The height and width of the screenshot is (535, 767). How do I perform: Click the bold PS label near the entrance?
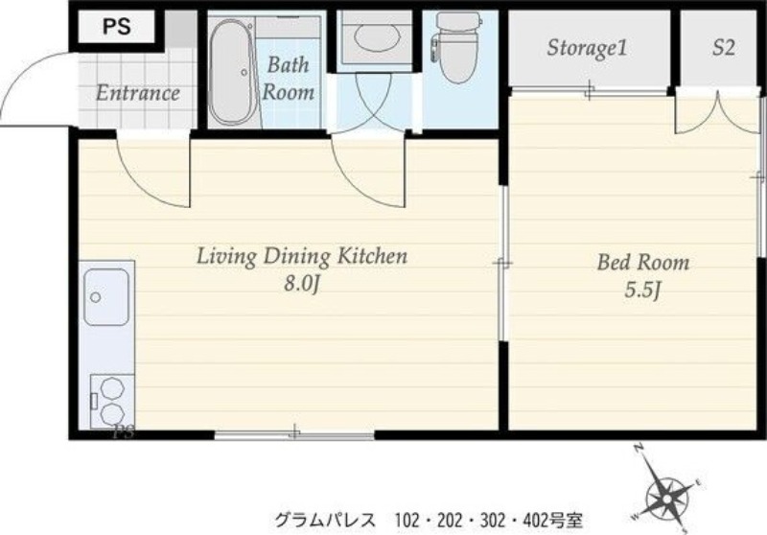coord(117,27)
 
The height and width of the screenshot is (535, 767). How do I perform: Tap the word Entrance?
coord(137,93)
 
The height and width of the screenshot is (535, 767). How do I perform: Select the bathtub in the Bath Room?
coord(232,72)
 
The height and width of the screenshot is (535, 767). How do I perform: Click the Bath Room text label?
coord(289,79)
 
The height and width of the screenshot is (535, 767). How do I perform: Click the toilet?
coord(457,46)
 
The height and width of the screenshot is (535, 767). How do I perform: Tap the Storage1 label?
coord(587,48)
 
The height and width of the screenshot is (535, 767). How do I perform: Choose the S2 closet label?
coord(724,47)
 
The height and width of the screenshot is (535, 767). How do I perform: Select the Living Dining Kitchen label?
coord(302,256)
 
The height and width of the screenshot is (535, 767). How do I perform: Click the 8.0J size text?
coord(301,284)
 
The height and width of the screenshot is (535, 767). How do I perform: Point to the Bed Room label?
coord(643,263)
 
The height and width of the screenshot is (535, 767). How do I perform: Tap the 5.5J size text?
coord(642,291)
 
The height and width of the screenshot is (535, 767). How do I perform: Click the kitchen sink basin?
coord(106,297)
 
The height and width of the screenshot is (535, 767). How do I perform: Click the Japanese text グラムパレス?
coord(325,520)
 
